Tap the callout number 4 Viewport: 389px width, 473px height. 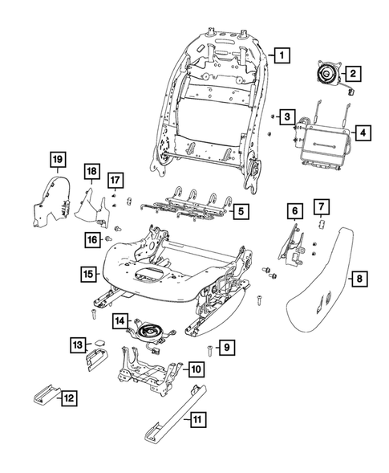[x=363, y=133]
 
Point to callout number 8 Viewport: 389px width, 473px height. [x=359, y=279]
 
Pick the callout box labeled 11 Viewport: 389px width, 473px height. [x=197, y=418]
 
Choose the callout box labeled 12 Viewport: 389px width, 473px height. [x=70, y=397]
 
